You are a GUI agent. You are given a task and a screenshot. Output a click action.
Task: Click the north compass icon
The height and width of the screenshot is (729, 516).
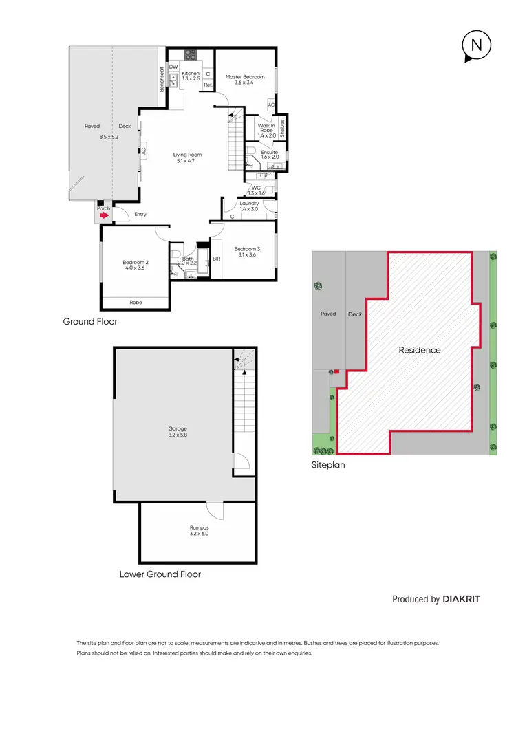click(475, 46)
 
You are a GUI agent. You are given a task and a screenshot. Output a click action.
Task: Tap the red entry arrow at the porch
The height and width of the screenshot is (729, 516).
click(103, 215)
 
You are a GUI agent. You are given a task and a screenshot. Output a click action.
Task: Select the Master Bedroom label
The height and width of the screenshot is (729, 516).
click(245, 77)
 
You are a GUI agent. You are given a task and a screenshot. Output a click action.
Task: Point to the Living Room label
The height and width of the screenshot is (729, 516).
click(187, 155)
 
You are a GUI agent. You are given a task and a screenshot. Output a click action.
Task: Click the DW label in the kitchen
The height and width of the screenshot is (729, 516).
click(173, 67)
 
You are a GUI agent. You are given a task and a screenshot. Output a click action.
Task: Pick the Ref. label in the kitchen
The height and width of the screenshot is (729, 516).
click(207, 85)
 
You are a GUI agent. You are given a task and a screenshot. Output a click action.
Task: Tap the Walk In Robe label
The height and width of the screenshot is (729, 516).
click(266, 130)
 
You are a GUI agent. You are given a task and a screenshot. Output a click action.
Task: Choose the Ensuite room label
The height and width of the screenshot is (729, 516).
click(269, 152)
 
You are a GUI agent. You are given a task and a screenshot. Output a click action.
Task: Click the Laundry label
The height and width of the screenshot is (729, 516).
click(249, 203)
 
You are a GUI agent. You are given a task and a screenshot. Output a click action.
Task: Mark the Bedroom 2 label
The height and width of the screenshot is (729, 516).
click(136, 262)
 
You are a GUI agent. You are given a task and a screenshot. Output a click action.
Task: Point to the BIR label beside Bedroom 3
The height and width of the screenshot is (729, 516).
click(216, 259)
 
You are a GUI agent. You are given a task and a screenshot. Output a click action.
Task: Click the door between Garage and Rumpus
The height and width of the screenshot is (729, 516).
click(215, 510)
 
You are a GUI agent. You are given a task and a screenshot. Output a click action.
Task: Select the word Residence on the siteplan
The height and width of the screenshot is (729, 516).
click(420, 350)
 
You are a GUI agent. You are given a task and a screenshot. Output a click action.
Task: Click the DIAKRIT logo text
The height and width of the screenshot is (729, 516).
click(461, 599)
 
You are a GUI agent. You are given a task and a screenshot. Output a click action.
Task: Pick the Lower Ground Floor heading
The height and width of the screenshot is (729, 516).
click(160, 574)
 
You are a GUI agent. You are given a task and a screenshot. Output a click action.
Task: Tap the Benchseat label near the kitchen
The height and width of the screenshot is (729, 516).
click(162, 79)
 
